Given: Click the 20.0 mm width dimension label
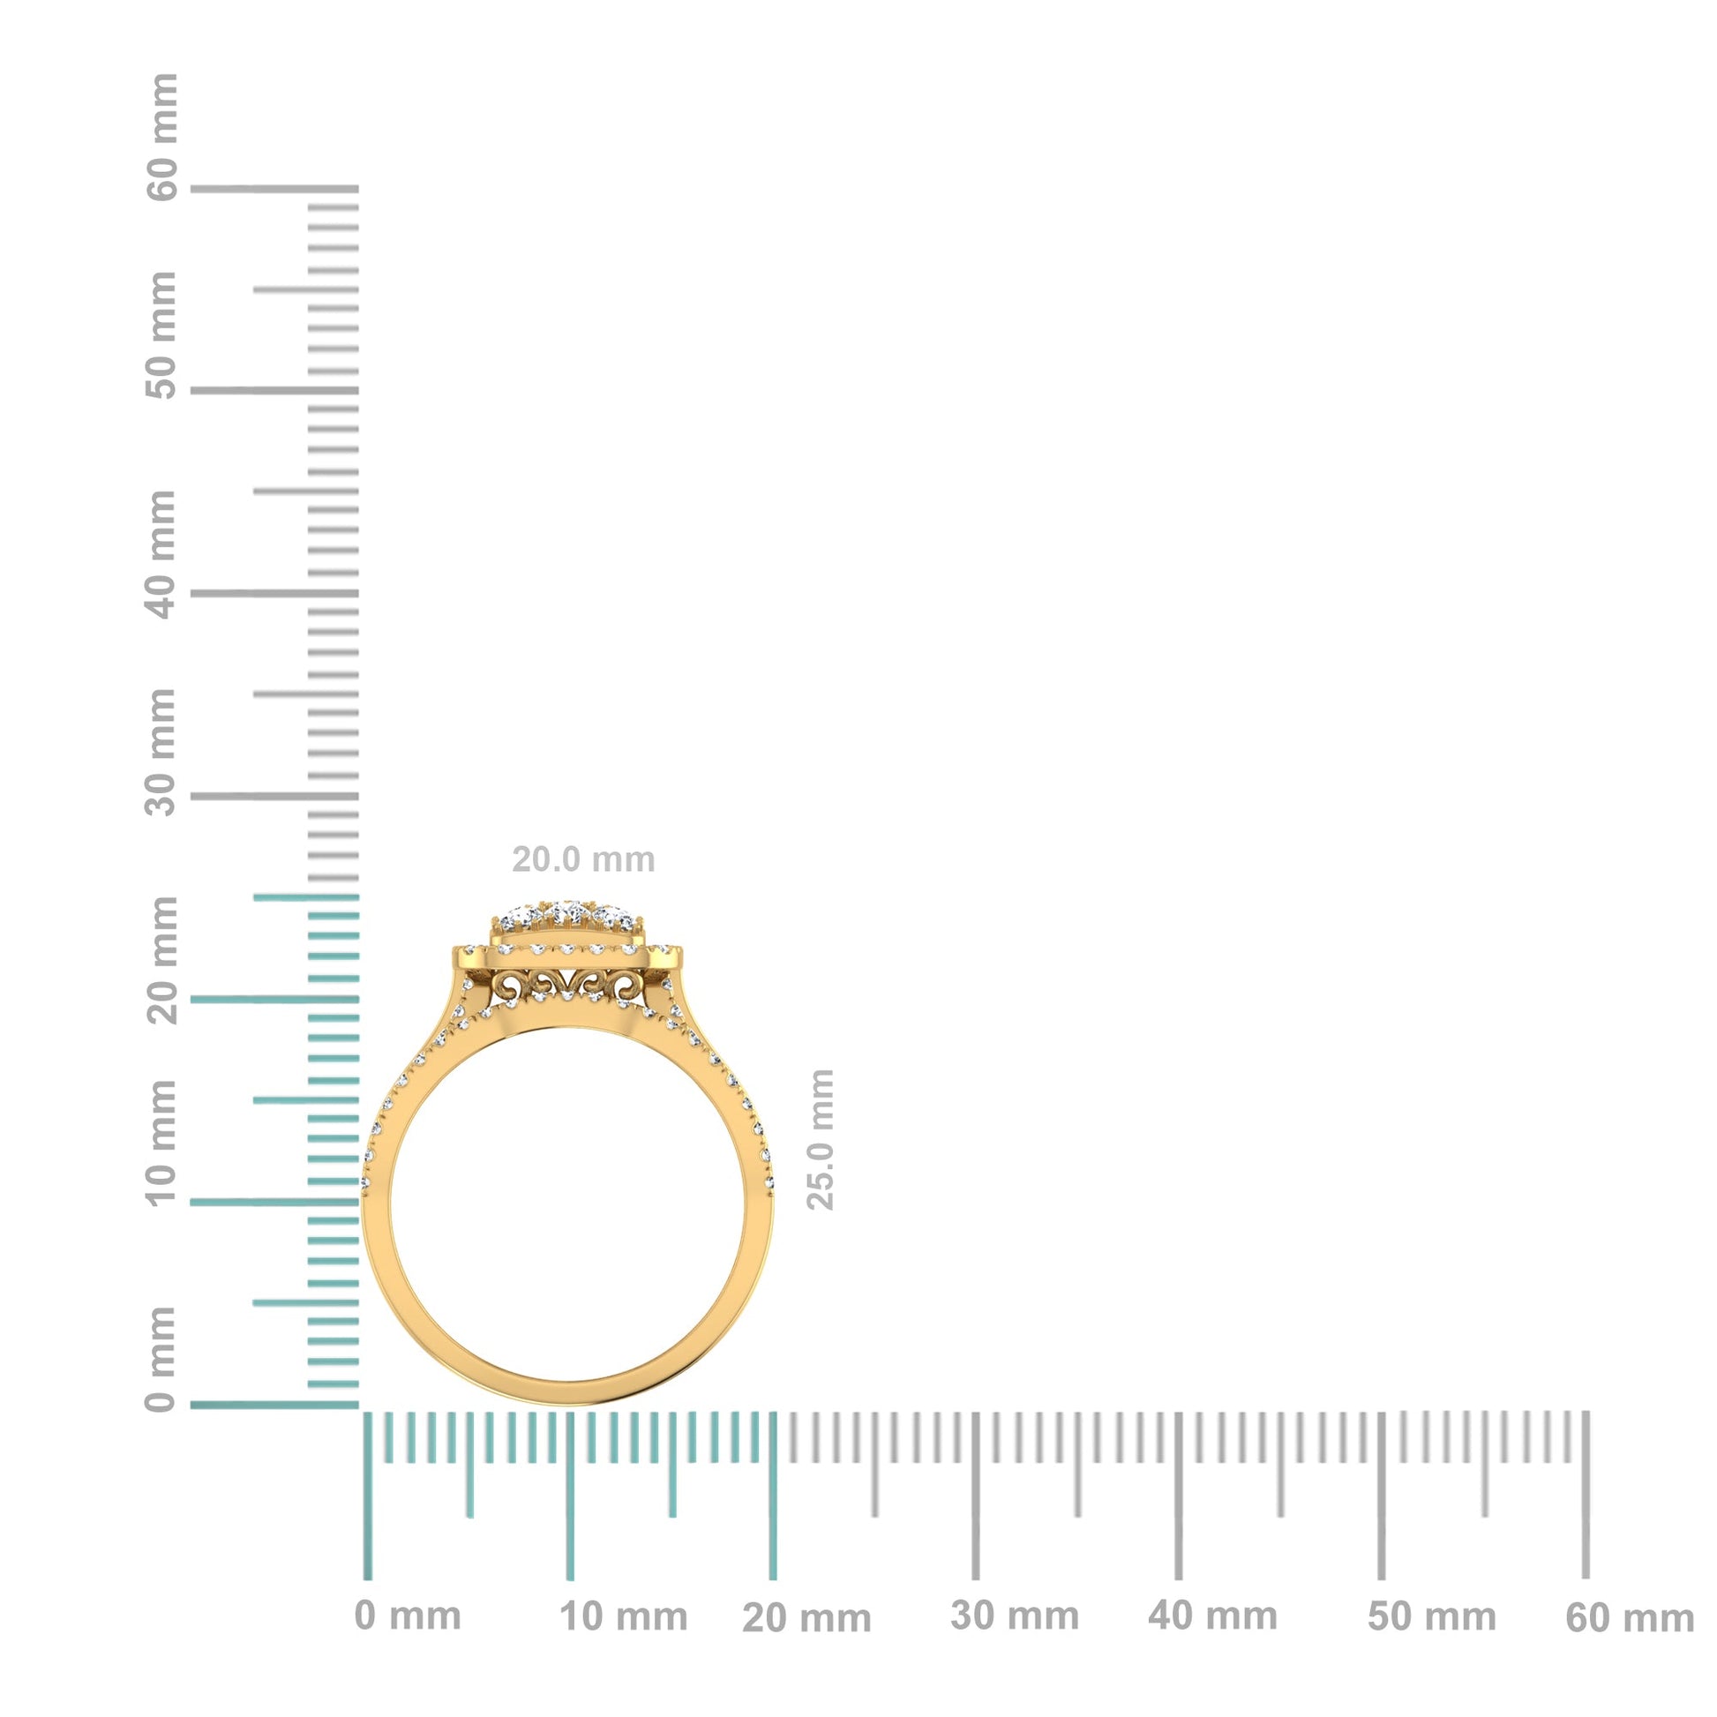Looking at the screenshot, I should pyautogui.click(x=583, y=859).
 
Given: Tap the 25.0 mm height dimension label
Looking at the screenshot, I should pyautogui.click(x=821, y=1139).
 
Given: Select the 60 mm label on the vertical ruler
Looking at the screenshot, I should pyautogui.click(x=161, y=138).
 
